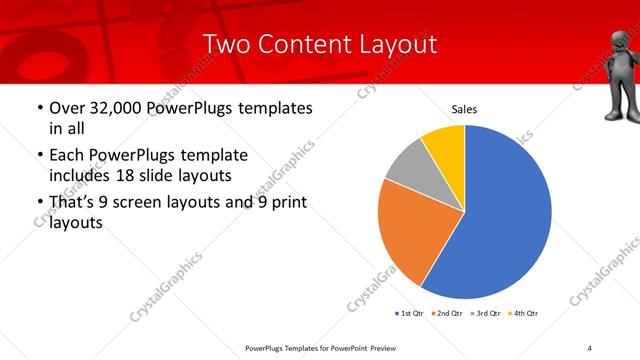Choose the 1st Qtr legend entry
[410, 313]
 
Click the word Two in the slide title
[225, 44]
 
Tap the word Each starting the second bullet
[68, 155]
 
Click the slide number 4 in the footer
[589, 347]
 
